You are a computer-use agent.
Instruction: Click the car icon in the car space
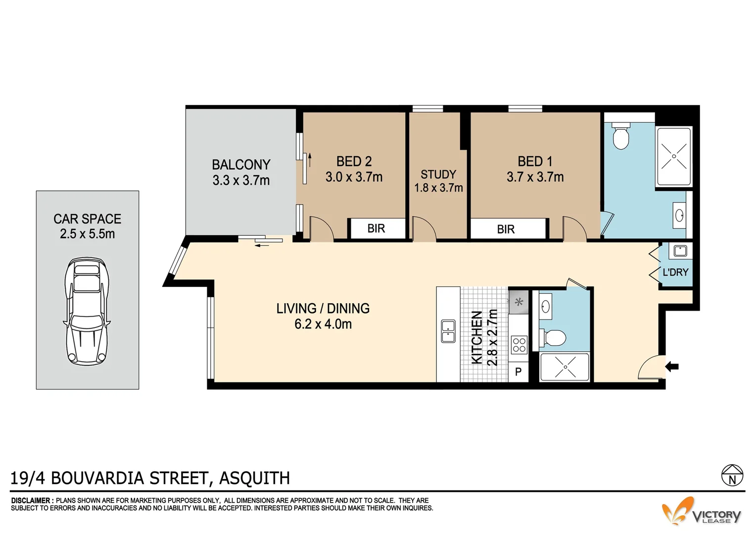click(87, 311)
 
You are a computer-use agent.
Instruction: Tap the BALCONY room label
click(241, 164)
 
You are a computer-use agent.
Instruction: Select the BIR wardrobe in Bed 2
click(376, 228)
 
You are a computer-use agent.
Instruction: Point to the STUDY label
click(438, 174)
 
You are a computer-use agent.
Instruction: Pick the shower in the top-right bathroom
click(673, 156)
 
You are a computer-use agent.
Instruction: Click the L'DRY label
click(675, 272)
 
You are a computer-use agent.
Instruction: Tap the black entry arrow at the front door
click(672, 367)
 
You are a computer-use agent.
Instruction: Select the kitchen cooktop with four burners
click(519, 344)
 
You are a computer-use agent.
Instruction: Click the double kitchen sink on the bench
click(448, 331)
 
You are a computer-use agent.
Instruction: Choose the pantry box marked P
click(519, 372)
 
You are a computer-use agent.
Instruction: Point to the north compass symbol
click(732, 475)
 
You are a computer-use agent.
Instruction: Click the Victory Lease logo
click(703, 512)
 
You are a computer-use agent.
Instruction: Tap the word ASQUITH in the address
click(254, 478)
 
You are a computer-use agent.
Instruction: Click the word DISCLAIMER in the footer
click(31, 501)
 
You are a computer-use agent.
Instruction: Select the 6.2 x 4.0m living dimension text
click(323, 324)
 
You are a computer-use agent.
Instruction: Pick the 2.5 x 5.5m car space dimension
click(87, 234)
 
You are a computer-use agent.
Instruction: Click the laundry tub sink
click(680, 251)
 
